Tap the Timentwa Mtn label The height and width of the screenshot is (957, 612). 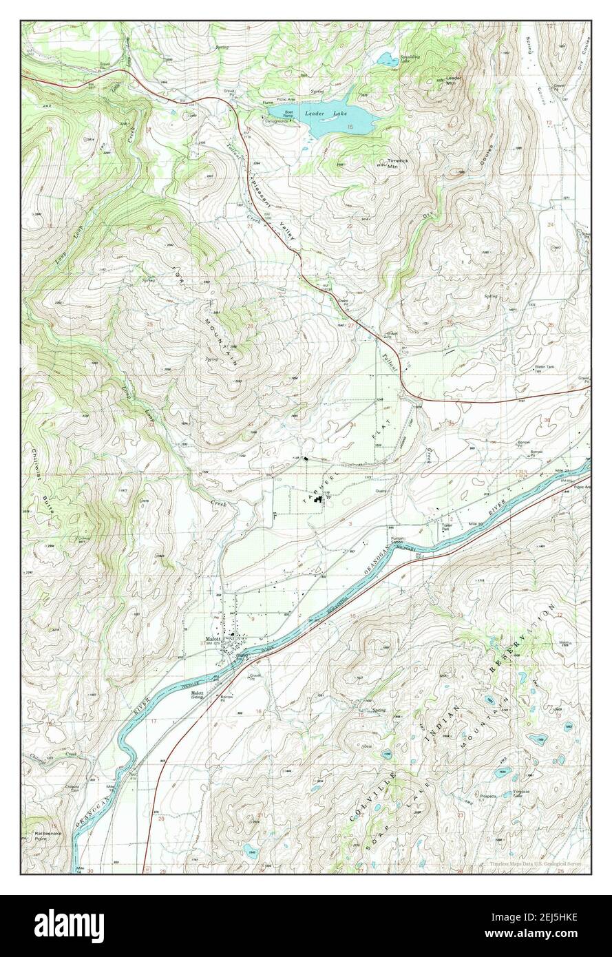(x=393, y=165)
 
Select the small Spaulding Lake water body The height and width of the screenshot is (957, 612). (x=387, y=59)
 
